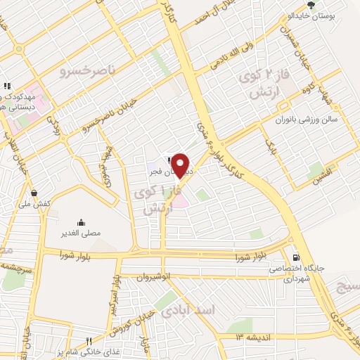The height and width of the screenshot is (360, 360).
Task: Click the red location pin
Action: [181, 166]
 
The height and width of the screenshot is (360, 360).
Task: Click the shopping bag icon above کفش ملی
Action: [34, 192]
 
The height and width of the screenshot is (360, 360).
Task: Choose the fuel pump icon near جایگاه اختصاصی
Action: [295, 256]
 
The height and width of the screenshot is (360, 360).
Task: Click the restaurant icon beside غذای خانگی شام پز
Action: [89, 341]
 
